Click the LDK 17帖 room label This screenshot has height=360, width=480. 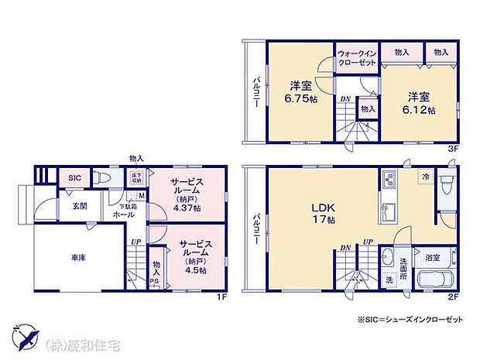323,214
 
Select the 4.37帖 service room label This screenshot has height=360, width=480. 187,197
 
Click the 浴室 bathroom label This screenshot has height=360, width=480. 432,256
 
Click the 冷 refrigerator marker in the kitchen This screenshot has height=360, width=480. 425,177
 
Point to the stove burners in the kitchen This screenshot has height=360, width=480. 389,181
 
